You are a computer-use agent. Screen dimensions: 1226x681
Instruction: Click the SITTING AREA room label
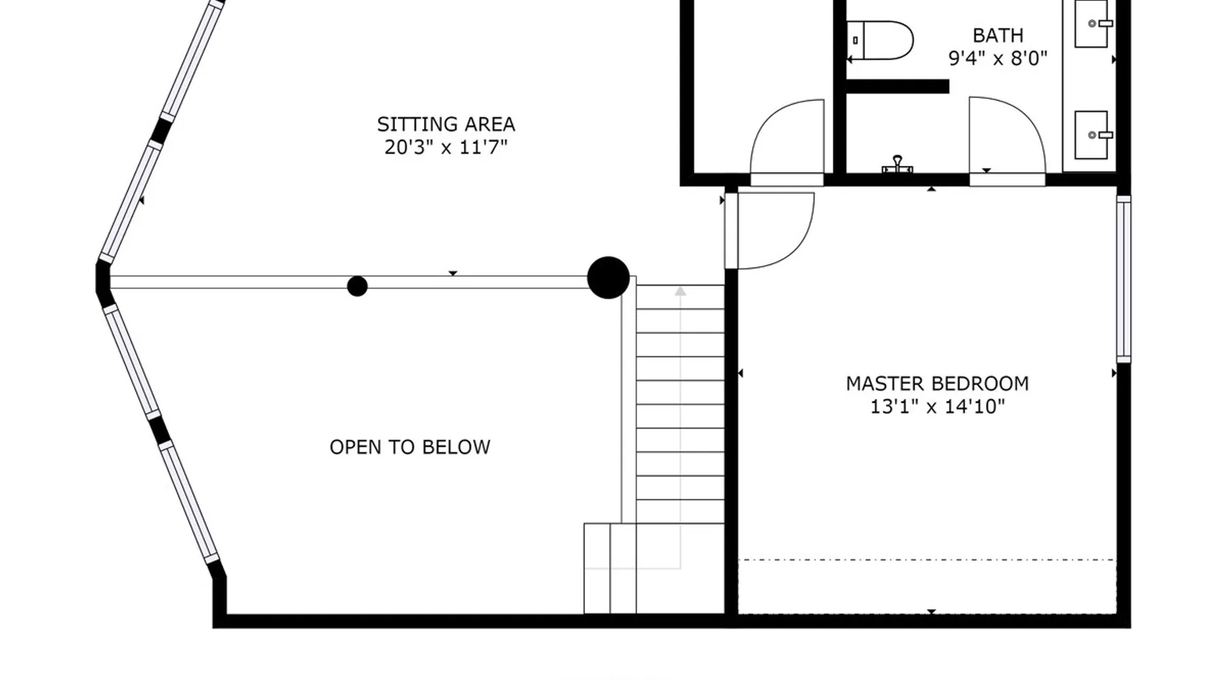click(x=446, y=125)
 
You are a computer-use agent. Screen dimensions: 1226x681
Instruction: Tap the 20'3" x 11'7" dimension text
click(x=446, y=147)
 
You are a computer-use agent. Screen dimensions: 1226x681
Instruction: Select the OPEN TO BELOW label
click(x=410, y=447)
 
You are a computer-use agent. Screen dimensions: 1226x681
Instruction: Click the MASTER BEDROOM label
click(x=937, y=384)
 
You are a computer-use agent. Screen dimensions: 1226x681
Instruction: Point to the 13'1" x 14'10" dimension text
click(x=937, y=407)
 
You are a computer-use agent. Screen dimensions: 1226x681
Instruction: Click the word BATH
click(x=998, y=35)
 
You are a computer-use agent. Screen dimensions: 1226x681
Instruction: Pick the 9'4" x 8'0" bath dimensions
click(x=998, y=59)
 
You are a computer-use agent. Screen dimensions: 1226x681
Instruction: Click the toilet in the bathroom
click(x=880, y=40)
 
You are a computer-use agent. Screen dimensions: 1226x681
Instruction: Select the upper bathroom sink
click(x=1093, y=24)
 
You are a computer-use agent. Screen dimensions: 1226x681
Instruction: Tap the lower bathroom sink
click(x=1093, y=135)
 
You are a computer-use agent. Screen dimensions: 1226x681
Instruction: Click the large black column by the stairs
click(x=608, y=278)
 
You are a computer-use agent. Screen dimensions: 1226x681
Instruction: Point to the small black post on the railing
click(x=358, y=286)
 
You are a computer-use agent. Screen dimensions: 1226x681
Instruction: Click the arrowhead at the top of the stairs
click(x=680, y=291)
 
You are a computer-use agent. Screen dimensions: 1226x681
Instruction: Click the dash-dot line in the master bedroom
click(x=928, y=560)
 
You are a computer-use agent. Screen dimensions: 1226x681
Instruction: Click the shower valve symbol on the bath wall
click(x=898, y=164)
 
